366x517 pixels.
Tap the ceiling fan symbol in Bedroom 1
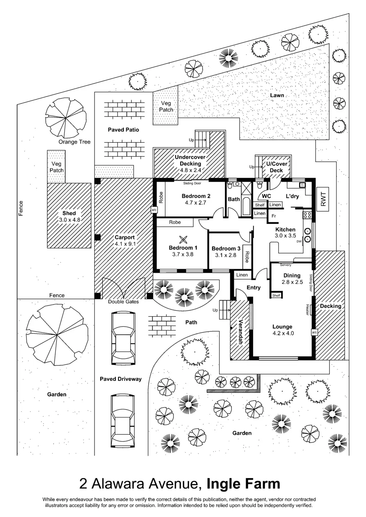[x=183, y=239]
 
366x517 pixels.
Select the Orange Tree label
[x=74, y=142]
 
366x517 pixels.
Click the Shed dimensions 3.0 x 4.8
[x=69, y=220]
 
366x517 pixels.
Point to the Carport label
[x=125, y=237]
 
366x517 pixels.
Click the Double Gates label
[x=123, y=302]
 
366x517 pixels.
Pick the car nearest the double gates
[x=123, y=337]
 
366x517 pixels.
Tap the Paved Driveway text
[x=120, y=379]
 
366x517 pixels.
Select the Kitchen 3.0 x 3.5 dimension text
[x=285, y=236]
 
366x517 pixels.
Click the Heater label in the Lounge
[x=307, y=310]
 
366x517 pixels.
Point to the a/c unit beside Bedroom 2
[x=154, y=210]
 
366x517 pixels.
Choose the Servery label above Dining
[x=286, y=265]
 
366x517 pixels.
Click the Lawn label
[x=277, y=95]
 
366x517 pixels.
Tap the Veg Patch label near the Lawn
[x=166, y=106]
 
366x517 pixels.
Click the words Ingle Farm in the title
[x=243, y=484]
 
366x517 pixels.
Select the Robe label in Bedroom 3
[x=247, y=257]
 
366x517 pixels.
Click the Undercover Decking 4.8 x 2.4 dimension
[x=190, y=170]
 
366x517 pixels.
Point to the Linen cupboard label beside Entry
[x=242, y=275]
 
